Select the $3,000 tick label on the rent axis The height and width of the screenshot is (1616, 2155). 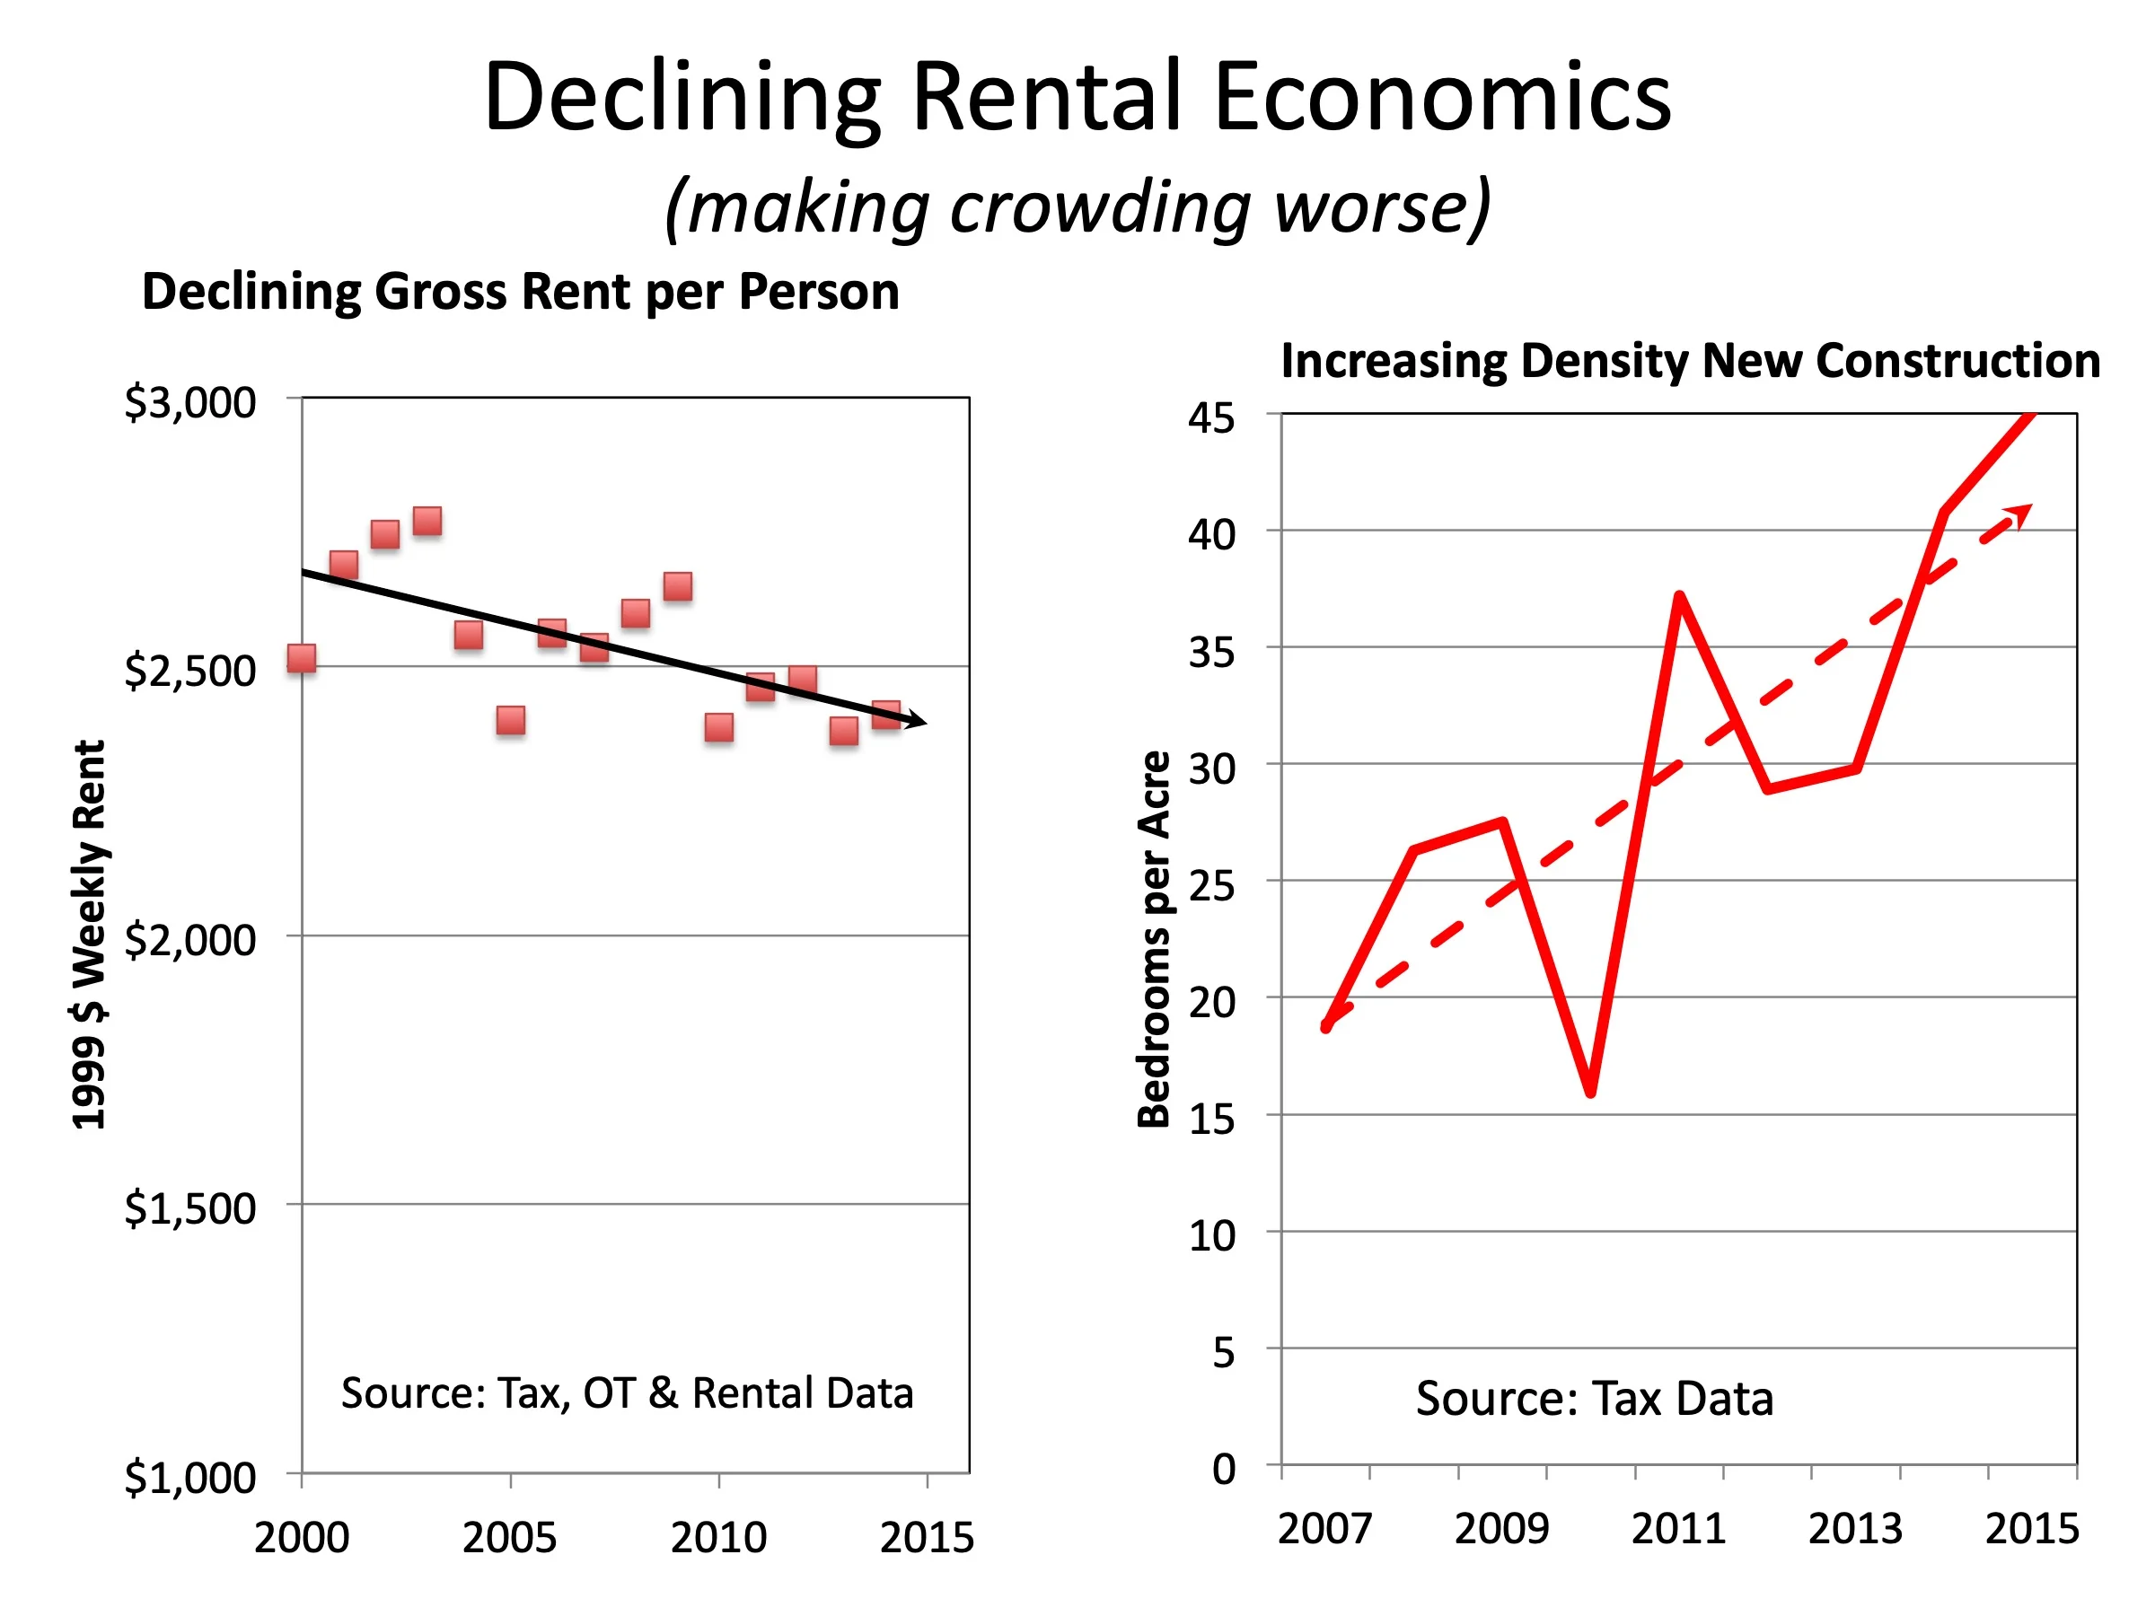tap(190, 402)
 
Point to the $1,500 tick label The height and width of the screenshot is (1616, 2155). tap(190, 1208)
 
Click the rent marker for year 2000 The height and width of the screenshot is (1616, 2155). tap(302, 658)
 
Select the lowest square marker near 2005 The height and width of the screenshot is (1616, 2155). tap(511, 721)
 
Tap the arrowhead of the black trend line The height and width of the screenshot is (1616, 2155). tap(916, 722)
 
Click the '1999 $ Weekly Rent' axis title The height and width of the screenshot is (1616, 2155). tap(90, 935)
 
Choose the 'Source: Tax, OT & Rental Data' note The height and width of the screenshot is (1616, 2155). tap(628, 1393)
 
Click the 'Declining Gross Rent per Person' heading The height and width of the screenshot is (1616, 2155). tap(520, 291)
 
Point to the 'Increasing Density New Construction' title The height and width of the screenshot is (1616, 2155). tap(1690, 360)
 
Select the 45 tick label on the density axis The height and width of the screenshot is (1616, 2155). tap(1211, 419)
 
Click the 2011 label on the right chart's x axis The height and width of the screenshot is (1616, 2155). tap(1678, 1529)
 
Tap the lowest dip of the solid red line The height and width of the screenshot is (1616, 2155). tap(1590, 1092)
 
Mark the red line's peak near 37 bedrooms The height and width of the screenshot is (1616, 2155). tap(1680, 595)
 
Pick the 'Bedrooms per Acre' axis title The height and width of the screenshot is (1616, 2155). tap(1155, 940)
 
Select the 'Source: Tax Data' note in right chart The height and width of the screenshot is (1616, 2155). tap(1595, 1399)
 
